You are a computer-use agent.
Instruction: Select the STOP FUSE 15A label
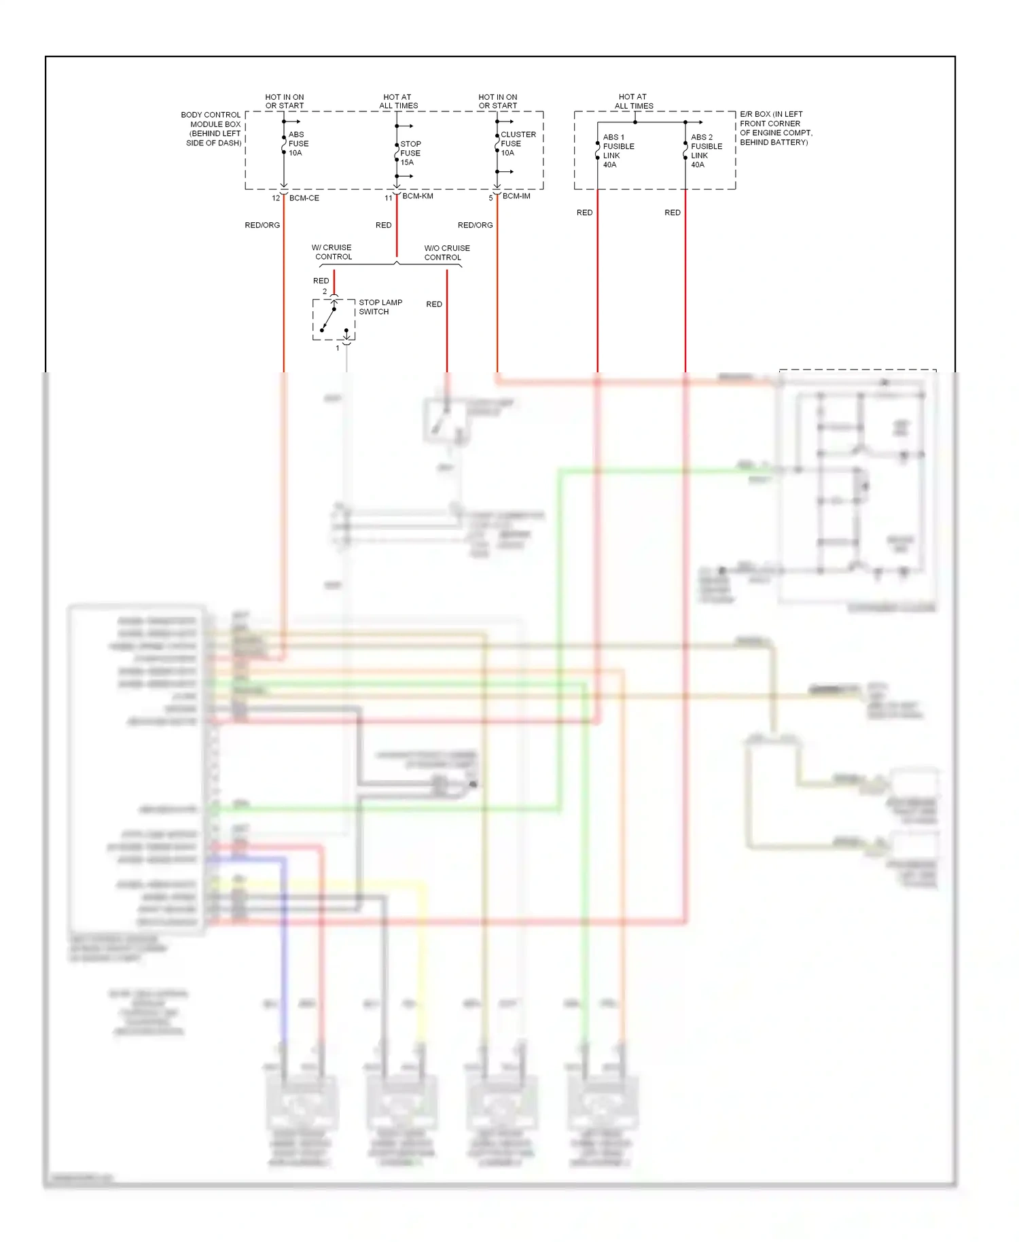[410, 153]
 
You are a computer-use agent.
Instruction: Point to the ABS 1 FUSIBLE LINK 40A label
[618, 151]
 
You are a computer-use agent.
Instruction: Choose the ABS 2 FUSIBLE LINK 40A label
[706, 151]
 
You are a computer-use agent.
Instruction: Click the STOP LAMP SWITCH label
[380, 307]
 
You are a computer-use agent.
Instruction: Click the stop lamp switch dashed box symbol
[334, 319]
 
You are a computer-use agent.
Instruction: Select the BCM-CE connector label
[304, 198]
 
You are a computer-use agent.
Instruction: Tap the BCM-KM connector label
[417, 196]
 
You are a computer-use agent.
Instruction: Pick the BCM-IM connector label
[516, 196]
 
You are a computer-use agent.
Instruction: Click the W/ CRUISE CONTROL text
[333, 252]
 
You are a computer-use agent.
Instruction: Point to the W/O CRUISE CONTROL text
[446, 253]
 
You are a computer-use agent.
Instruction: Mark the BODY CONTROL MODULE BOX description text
[212, 129]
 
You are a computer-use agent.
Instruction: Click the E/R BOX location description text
[775, 128]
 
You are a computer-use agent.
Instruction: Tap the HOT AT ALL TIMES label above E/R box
[633, 101]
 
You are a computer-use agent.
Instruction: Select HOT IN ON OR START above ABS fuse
[284, 101]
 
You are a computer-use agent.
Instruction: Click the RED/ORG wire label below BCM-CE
[262, 225]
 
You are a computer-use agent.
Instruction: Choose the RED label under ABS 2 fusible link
[672, 213]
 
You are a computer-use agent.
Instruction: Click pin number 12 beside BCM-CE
[276, 198]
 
